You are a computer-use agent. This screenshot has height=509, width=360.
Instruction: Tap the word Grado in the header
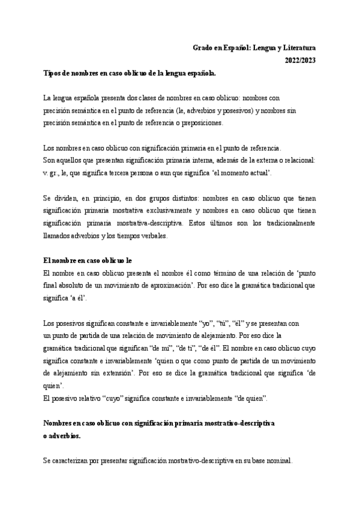pos(203,47)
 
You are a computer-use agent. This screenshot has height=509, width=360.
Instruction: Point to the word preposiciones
pos(200,123)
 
